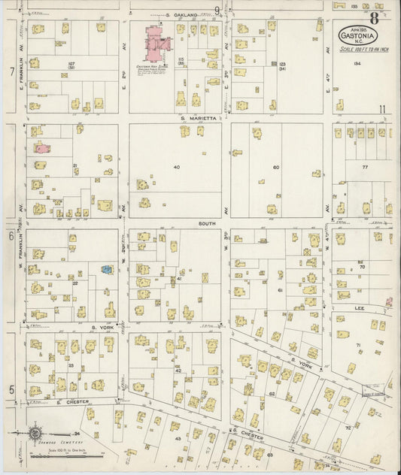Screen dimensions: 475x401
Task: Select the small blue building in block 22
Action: tap(106, 268)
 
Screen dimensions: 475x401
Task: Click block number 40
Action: tap(178, 166)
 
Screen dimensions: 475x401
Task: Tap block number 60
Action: tap(276, 167)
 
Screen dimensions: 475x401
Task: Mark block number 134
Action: tap(357, 64)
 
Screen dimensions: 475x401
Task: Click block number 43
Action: tap(178, 437)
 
